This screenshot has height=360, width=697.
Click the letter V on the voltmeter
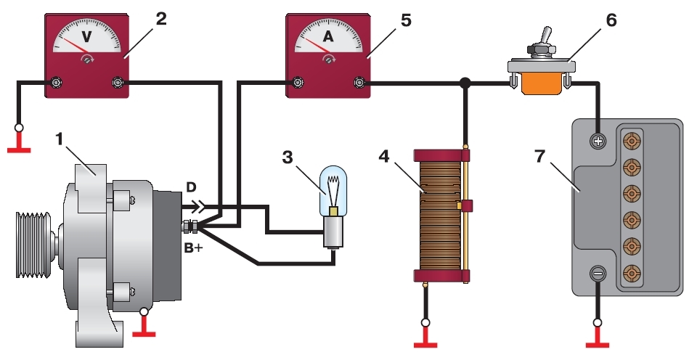[x=86, y=36]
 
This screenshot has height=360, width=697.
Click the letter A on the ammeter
[x=327, y=36]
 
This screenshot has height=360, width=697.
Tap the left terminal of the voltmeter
[x=56, y=82]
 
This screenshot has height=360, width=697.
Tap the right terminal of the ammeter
[x=359, y=82]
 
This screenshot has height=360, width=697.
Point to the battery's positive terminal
[x=598, y=142]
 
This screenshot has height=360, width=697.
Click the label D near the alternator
[x=191, y=187]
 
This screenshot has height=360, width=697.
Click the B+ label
[x=193, y=247]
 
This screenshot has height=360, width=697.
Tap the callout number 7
[x=539, y=157]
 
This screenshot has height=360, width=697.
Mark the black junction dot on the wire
[x=465, y=82]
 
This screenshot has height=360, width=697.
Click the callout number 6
[x=611, y=20]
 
